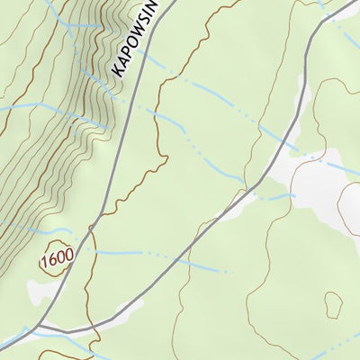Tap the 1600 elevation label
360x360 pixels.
pyautogui.click(x=56, y=257)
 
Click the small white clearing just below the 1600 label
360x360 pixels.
pyautogui.click(x=40, y=290)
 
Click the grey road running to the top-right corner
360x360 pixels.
pyautogui.click(x=297, y=99)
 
